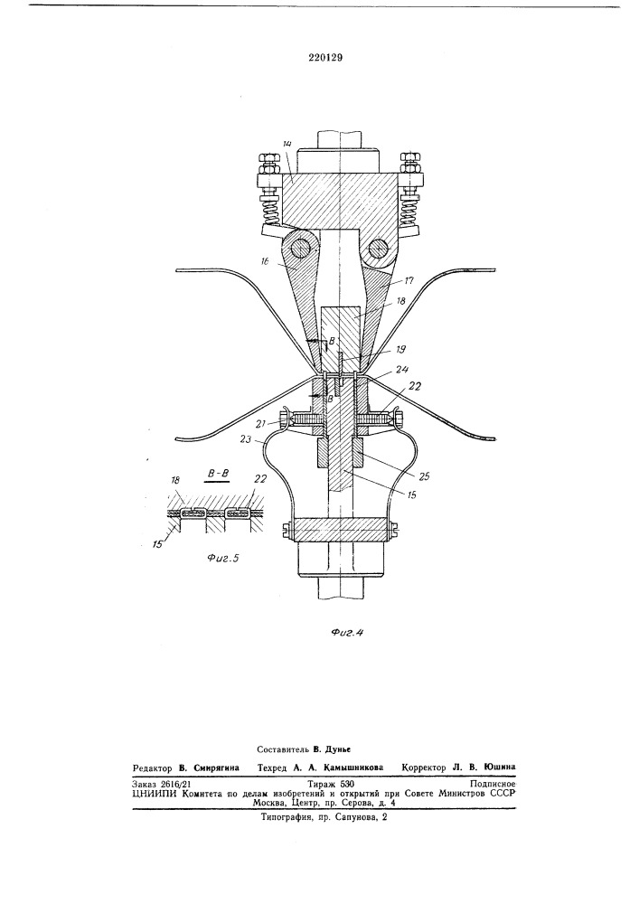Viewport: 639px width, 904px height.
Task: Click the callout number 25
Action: pos(424,476)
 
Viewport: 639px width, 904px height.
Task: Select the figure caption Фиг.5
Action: pos(221,557)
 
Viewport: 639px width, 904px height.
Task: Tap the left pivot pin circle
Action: pos(300,249)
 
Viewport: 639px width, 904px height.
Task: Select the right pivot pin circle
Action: pos(380,249)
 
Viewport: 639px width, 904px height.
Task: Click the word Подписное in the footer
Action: pos(492,784)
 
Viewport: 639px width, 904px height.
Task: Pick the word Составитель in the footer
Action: pos(282,749)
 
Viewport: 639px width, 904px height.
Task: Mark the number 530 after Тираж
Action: pos(347,784)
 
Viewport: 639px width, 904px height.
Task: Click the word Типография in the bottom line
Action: pos(286,817)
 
